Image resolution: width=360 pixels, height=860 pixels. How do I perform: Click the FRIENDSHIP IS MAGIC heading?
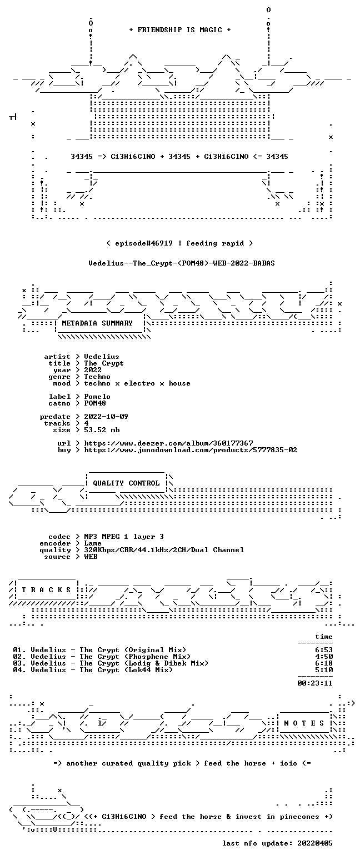[x=179, y=30]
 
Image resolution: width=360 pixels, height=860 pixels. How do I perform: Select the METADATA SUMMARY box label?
[x=97, y=323]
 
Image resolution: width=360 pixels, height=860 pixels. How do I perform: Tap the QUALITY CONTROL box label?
[x=126, y=483]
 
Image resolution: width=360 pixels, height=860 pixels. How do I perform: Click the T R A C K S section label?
[x=46, y=589]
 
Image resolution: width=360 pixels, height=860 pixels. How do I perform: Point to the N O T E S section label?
[x=304, y=723]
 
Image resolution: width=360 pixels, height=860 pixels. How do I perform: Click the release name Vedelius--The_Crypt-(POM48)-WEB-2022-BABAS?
[x=182, y=263]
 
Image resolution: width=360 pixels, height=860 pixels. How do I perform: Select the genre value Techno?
[x=97, y=377]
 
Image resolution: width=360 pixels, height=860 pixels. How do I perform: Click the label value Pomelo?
[x=97, y=397]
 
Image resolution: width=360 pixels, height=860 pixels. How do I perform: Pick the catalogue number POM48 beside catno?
[x=95, y=403]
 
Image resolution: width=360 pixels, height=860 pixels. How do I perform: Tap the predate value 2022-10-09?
[x=106, y=417]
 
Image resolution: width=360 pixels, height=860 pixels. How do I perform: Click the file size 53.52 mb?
[x=102, y=430]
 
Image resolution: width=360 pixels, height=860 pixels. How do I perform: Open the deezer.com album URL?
[x=168, y=443]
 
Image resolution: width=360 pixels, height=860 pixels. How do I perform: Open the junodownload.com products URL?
[x=191, y=450]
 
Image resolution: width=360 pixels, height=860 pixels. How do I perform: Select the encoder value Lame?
[x=92, y=543]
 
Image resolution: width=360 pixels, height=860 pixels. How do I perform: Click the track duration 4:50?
[x=324, y=657]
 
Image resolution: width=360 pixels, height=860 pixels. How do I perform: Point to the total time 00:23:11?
[x=315, y=683]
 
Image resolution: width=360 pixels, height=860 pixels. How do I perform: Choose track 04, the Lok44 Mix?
[x=92, y=670]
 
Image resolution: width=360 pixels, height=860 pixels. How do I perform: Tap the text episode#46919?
[x=143, y=243]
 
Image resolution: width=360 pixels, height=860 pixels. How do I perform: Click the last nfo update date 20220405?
[x=315, y=843]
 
